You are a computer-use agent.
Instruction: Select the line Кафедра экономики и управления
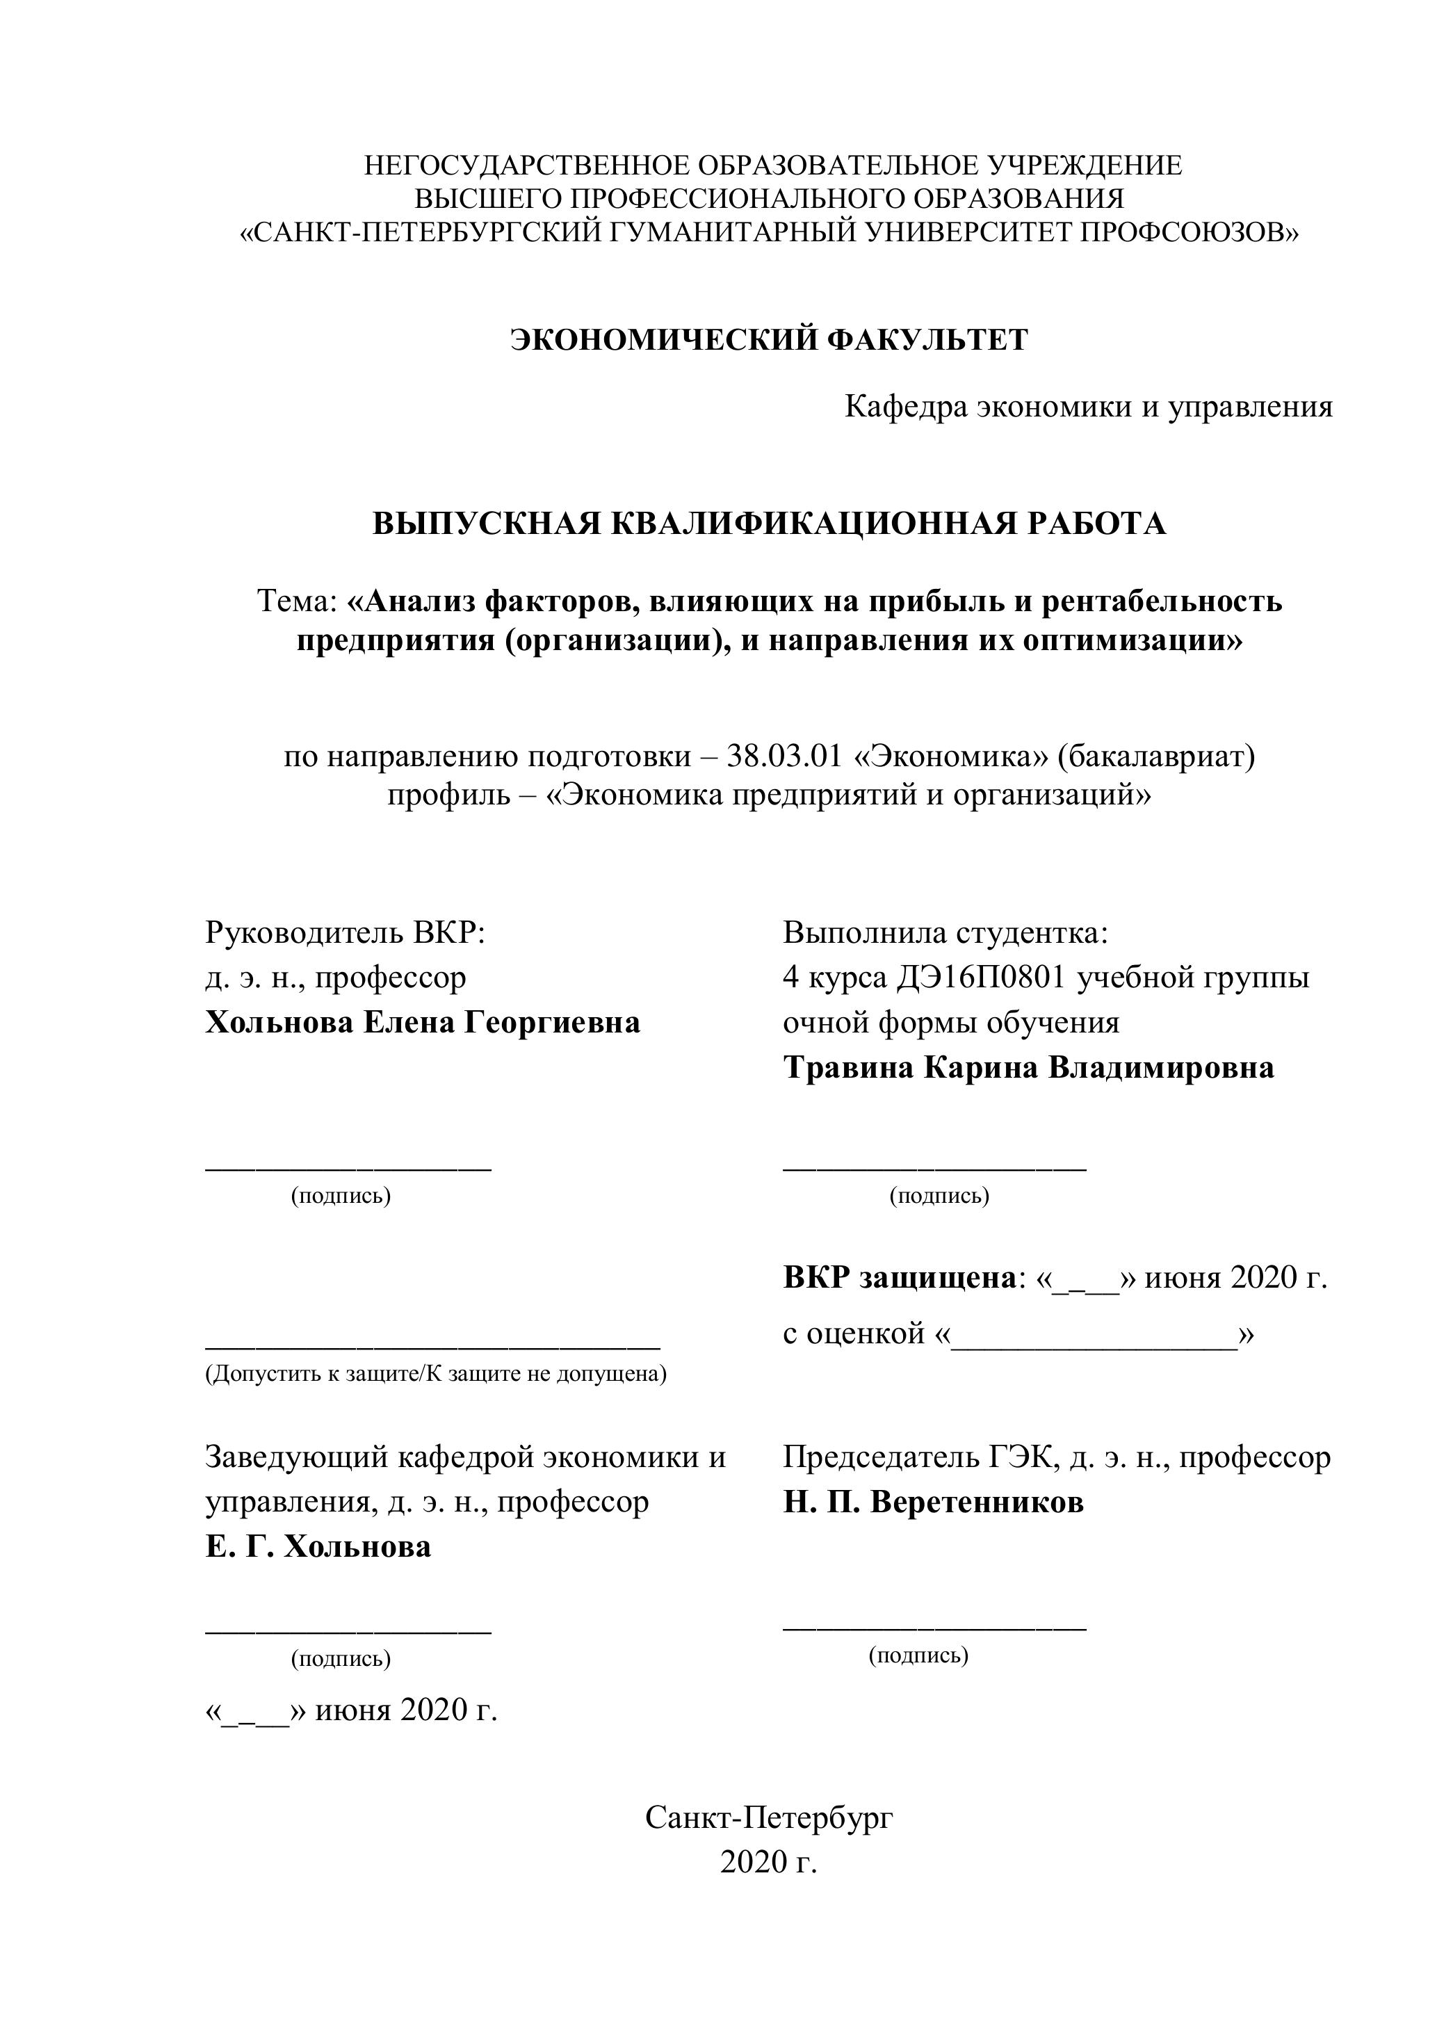tap(1088, 407)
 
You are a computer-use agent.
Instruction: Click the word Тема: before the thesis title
tap(297, 601)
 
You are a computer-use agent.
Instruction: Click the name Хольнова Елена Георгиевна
tap(422, 1023)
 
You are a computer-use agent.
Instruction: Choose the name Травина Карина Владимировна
tap(1028, 1068)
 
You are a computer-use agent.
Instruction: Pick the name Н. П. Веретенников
tap(932, 1503)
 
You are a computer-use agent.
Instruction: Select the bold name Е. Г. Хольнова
tap(318, 1547)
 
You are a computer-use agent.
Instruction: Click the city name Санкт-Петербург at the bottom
tap(768, 1818)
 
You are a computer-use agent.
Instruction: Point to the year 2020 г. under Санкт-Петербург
tap(768, 1862)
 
